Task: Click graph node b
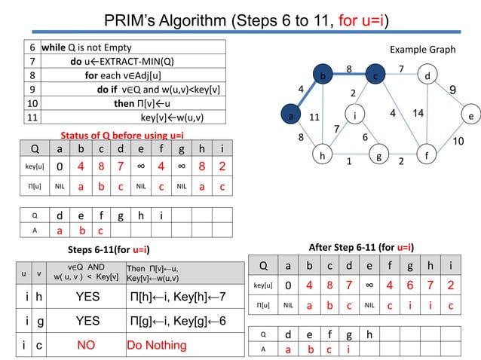click(x=323, y=76)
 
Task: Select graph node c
click(x=375, y=76)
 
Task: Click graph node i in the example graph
click(x=354, y=116)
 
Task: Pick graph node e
click(x=470, y=117)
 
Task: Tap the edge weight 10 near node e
click(x=458, y=141)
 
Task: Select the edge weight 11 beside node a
click(x=314, y=117)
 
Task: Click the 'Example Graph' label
click(x=422, y=50)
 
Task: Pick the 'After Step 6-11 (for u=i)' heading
click(x=360, y=246)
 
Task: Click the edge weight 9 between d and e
click(x=453, y=90)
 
